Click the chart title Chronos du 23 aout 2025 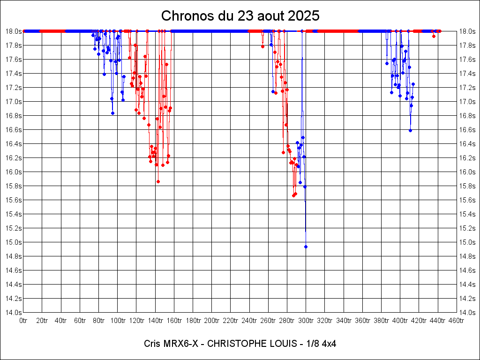point(240,15)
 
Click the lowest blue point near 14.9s point(306,247)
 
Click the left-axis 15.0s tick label point(13,242)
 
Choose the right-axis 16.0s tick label point(467,172)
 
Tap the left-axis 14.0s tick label point(13,312)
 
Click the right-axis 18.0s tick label point(467,31)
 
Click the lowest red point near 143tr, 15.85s point(158,181)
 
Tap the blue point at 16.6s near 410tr point(410,130)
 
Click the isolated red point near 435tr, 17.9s point(434,36)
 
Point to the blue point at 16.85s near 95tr point(112,113)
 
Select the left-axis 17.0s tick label point(13,101)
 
